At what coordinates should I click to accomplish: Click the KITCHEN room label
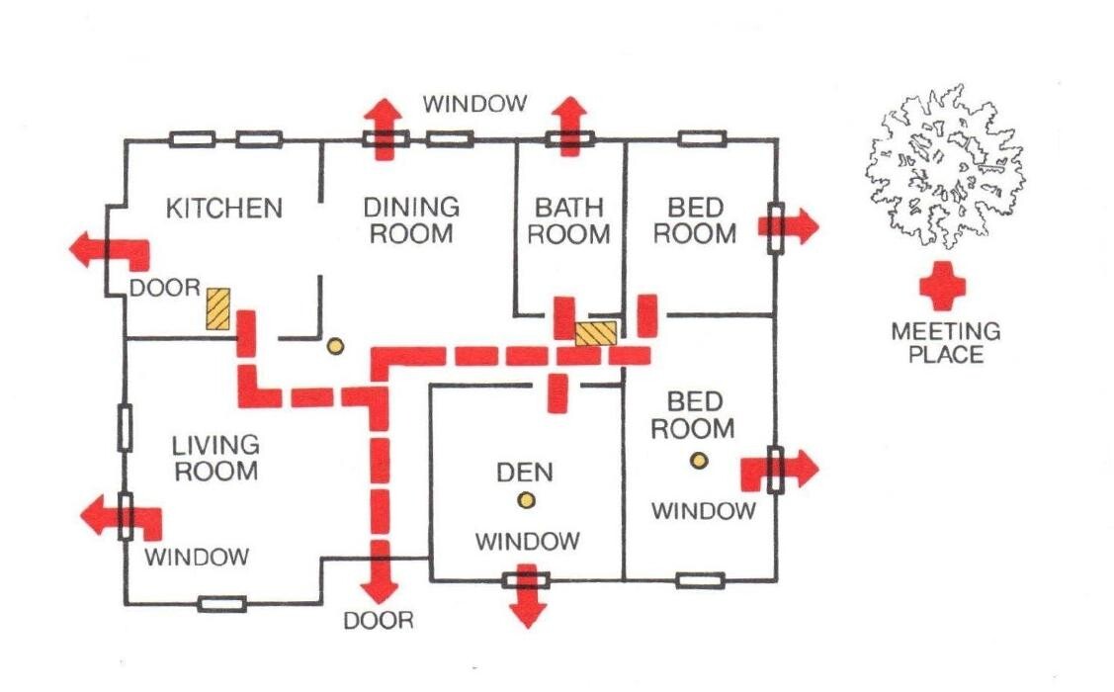click(223, 209)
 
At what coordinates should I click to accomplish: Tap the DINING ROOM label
click(411, 220)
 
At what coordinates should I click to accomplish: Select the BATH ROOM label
click(572, 220)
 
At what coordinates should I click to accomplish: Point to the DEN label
click(525, 471)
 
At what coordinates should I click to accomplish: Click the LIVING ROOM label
click(216, 457)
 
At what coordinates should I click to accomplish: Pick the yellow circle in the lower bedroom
click(699, 460)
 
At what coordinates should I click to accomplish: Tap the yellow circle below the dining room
click(335, 346)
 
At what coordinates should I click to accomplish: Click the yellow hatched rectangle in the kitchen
click(217, 308)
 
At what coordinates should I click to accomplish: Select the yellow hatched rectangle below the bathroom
click(596, 332)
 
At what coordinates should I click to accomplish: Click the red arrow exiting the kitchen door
click(107, 249)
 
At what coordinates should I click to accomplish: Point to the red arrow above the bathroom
click(570, 124)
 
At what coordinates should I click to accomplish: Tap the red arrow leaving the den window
click(529, 598)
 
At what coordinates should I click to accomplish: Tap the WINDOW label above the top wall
click(475, 103)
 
